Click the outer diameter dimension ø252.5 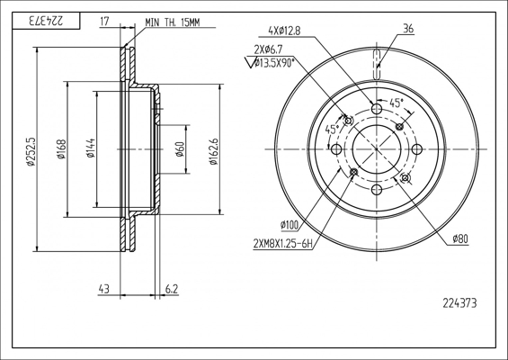(x=31, y=152)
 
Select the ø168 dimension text (x=61, y=149)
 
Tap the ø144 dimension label (x=91, y=148)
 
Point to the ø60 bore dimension (x=180, y=148)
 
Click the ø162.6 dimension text (x=213, y=151)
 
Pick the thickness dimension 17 (x=104, y=22)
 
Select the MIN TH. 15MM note (x=173, y=22)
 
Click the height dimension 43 (x=103, y=289)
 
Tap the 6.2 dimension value (x=172, y=289)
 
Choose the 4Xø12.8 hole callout (x=284, y=31)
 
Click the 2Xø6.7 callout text (x=268, y=49)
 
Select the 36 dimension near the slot (x=408, y=29)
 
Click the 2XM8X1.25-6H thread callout (x=283, y=244)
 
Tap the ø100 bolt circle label (x=290, y=225)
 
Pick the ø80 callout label (x=460, y=239)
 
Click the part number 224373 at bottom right (x=459, y=303)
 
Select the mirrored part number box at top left (x=46, y=21)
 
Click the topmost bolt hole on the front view (x=377, y=108)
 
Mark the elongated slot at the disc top (x=377, y=64)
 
